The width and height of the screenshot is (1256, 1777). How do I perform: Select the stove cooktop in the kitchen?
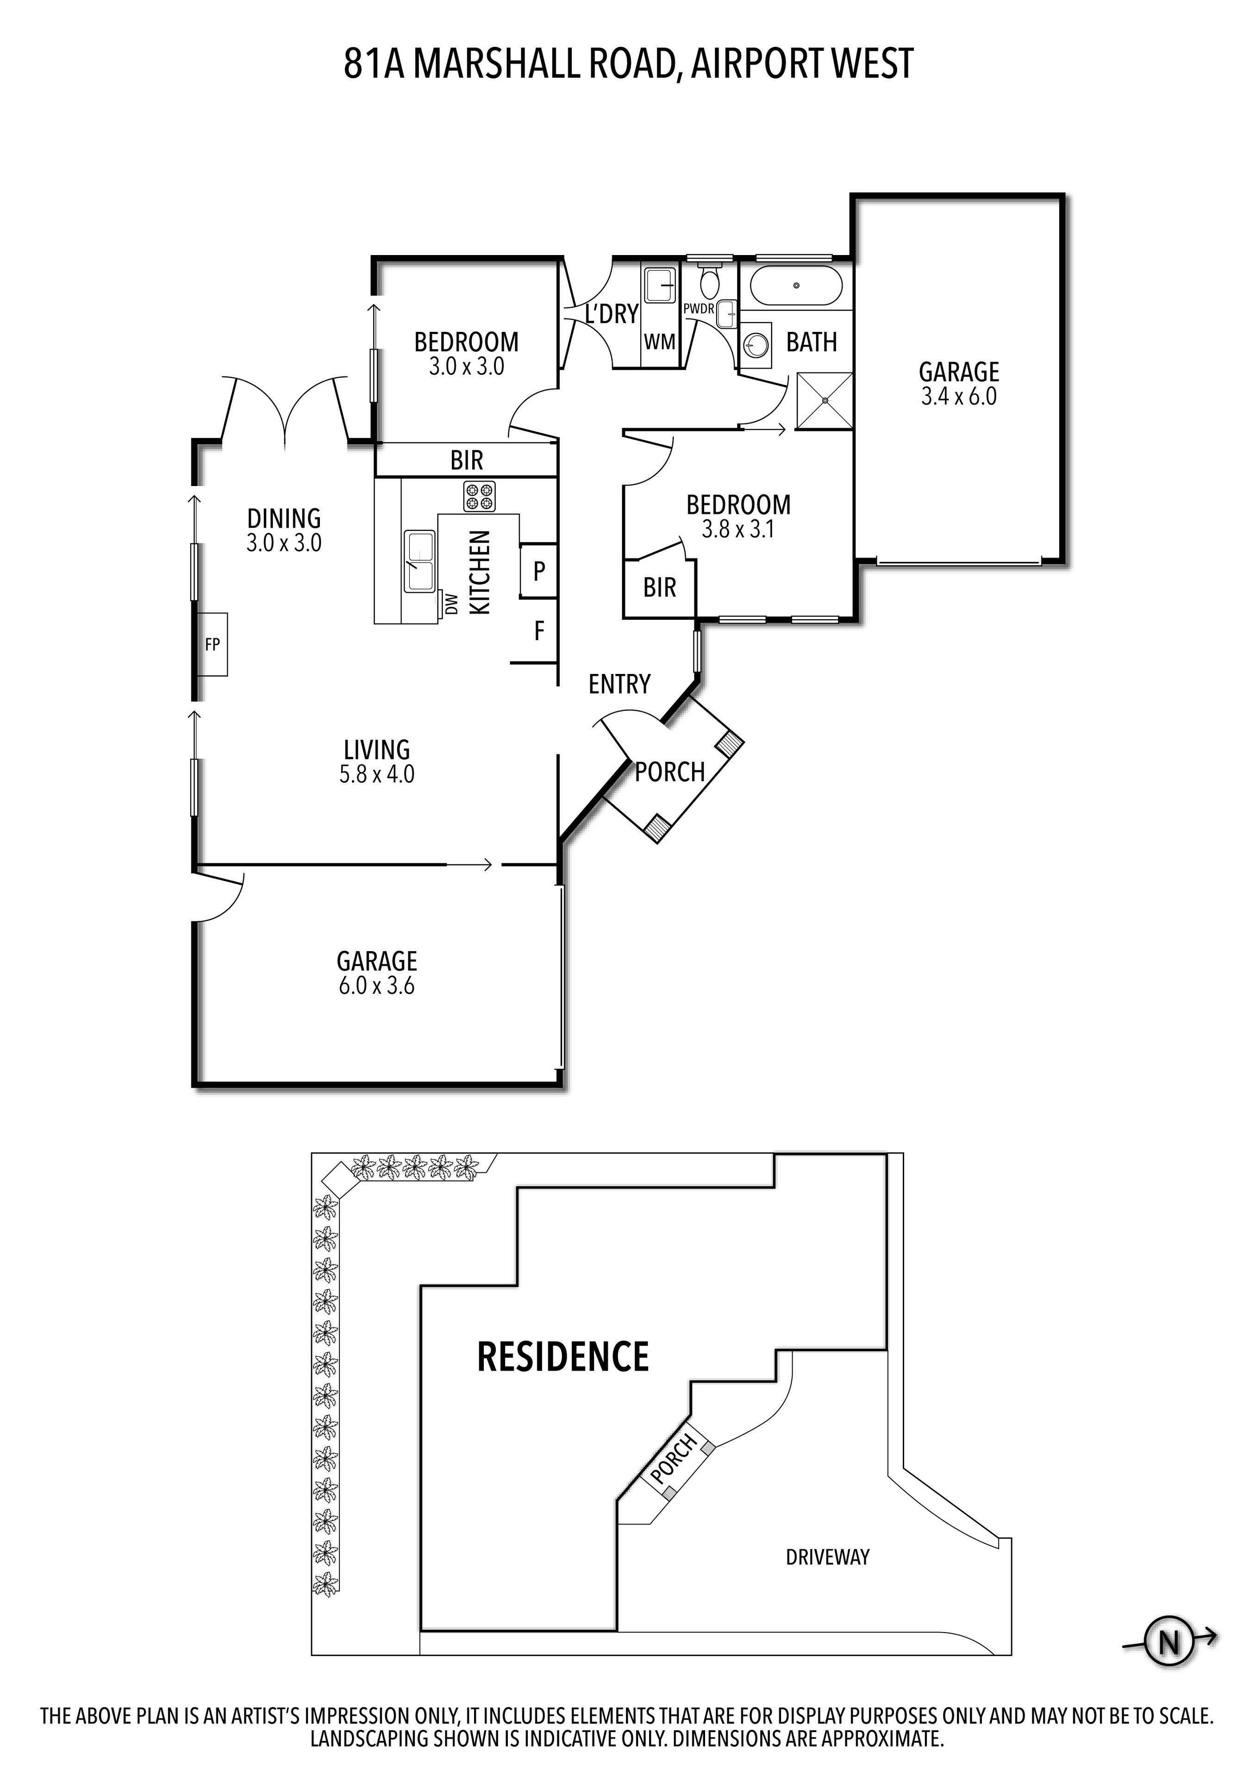tap(479, 496)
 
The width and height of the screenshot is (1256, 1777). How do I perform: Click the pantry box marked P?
tap(539, 571)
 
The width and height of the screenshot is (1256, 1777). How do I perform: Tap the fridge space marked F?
tap(539, 631)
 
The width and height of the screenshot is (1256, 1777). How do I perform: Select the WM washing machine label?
tap(659, 341)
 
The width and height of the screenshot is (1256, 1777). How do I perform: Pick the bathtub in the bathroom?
tap(795, 287)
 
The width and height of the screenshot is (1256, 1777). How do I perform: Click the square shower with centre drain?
tap(825, 400)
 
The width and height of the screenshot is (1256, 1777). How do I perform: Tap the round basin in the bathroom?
tap(756, 343)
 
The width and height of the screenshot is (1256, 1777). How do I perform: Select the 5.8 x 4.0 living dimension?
tap(377, 774)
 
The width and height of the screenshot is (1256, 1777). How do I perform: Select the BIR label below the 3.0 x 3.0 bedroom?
tap(467, 461)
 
